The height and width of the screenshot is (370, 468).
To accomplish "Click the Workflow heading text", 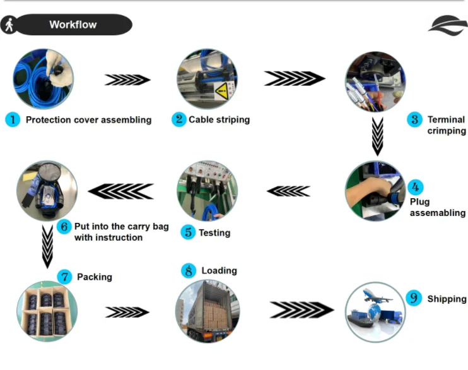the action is [x=73, y=25].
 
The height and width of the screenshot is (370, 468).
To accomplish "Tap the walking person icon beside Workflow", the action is [x=9, y=25].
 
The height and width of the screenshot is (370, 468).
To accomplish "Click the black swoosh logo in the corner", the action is [x=448, y=25].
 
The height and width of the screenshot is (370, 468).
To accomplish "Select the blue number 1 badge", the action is [x=13, y=119].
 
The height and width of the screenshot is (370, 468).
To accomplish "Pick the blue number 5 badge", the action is [x=188, y=232].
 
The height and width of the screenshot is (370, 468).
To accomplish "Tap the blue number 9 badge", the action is [x=414, y=298].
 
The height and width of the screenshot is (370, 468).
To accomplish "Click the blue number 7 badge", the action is [x=64, y=277].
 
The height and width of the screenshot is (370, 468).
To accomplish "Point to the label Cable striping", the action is [x=219, y=119].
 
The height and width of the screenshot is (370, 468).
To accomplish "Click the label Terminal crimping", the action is [x=447, y=125].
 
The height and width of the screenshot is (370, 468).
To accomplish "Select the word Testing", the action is [x=214, y=233].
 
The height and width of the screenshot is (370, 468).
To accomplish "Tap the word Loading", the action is [x=219, y=270].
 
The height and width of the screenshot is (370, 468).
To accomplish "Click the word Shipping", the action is [x=447, y=299].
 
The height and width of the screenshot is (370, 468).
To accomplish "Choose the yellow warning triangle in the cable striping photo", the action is [x=222, y=91].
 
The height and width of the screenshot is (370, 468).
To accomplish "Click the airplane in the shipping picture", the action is [x=377, y=296].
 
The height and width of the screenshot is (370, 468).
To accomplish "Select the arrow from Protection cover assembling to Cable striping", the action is [x=127, y=80].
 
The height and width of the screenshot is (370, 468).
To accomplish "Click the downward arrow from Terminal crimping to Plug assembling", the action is [x=378, y=136].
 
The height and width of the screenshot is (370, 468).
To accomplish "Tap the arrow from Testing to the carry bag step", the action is [x=121, y=191].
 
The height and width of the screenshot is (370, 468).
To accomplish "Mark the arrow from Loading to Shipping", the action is [x=301, y=309].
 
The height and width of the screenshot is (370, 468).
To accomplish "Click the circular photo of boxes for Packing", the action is [x=47, y=311].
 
